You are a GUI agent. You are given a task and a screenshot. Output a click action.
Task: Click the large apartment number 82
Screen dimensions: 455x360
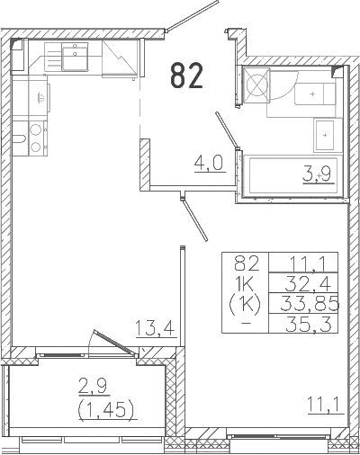186,76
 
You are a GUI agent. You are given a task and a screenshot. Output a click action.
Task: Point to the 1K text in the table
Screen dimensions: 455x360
246,282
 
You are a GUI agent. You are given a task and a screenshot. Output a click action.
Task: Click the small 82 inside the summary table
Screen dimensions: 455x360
246,263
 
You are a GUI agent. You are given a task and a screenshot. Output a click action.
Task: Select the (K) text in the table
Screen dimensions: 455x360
246,302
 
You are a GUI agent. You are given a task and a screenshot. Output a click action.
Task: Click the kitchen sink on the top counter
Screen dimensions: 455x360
70,58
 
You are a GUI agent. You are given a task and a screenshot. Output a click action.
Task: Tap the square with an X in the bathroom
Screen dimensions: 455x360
256,87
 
